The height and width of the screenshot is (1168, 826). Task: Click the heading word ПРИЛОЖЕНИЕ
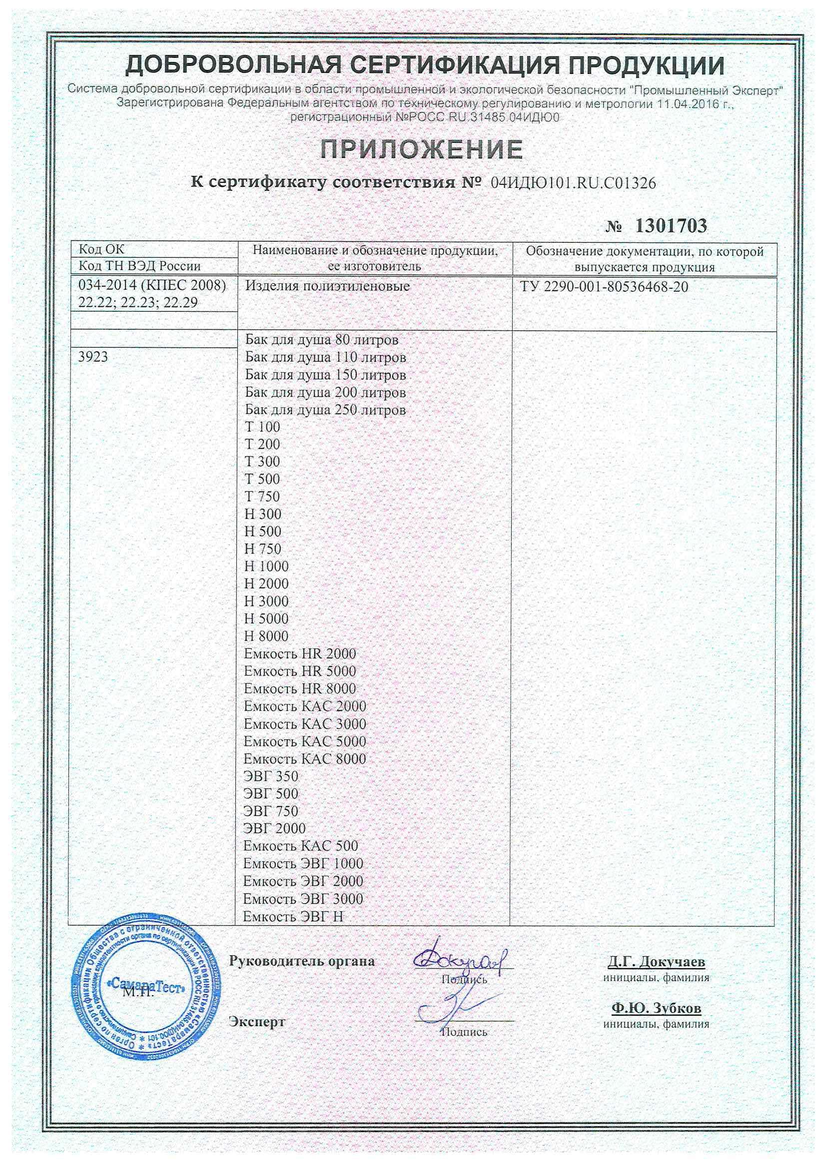pos(421,149)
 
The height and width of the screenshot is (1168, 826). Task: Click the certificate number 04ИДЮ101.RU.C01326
pos(573,183)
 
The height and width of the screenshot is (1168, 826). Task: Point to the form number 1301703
pos(671,226)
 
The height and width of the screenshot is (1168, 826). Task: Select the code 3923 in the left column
pos(93,357)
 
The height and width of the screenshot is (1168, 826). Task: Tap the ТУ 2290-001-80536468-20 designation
pos(604,287)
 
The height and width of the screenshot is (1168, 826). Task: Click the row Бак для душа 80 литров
pos(322,339)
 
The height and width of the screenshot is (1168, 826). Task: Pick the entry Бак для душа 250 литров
pos(325,410)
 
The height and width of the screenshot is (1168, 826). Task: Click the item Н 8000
pos(266,636)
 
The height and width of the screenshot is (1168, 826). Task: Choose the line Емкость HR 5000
pos(300,671)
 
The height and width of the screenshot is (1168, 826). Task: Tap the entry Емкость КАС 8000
pos(304,758)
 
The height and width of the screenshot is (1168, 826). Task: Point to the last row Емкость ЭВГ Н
pos(293,916)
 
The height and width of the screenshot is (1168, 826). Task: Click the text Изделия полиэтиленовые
pos(327,286)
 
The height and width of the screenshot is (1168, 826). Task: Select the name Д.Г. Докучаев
pos(656,962)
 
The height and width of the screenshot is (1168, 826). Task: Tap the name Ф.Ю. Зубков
pos(656,1008)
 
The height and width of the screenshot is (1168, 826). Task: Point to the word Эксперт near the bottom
pos(257,1021)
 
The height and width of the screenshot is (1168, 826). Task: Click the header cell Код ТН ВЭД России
pos(139,266)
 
